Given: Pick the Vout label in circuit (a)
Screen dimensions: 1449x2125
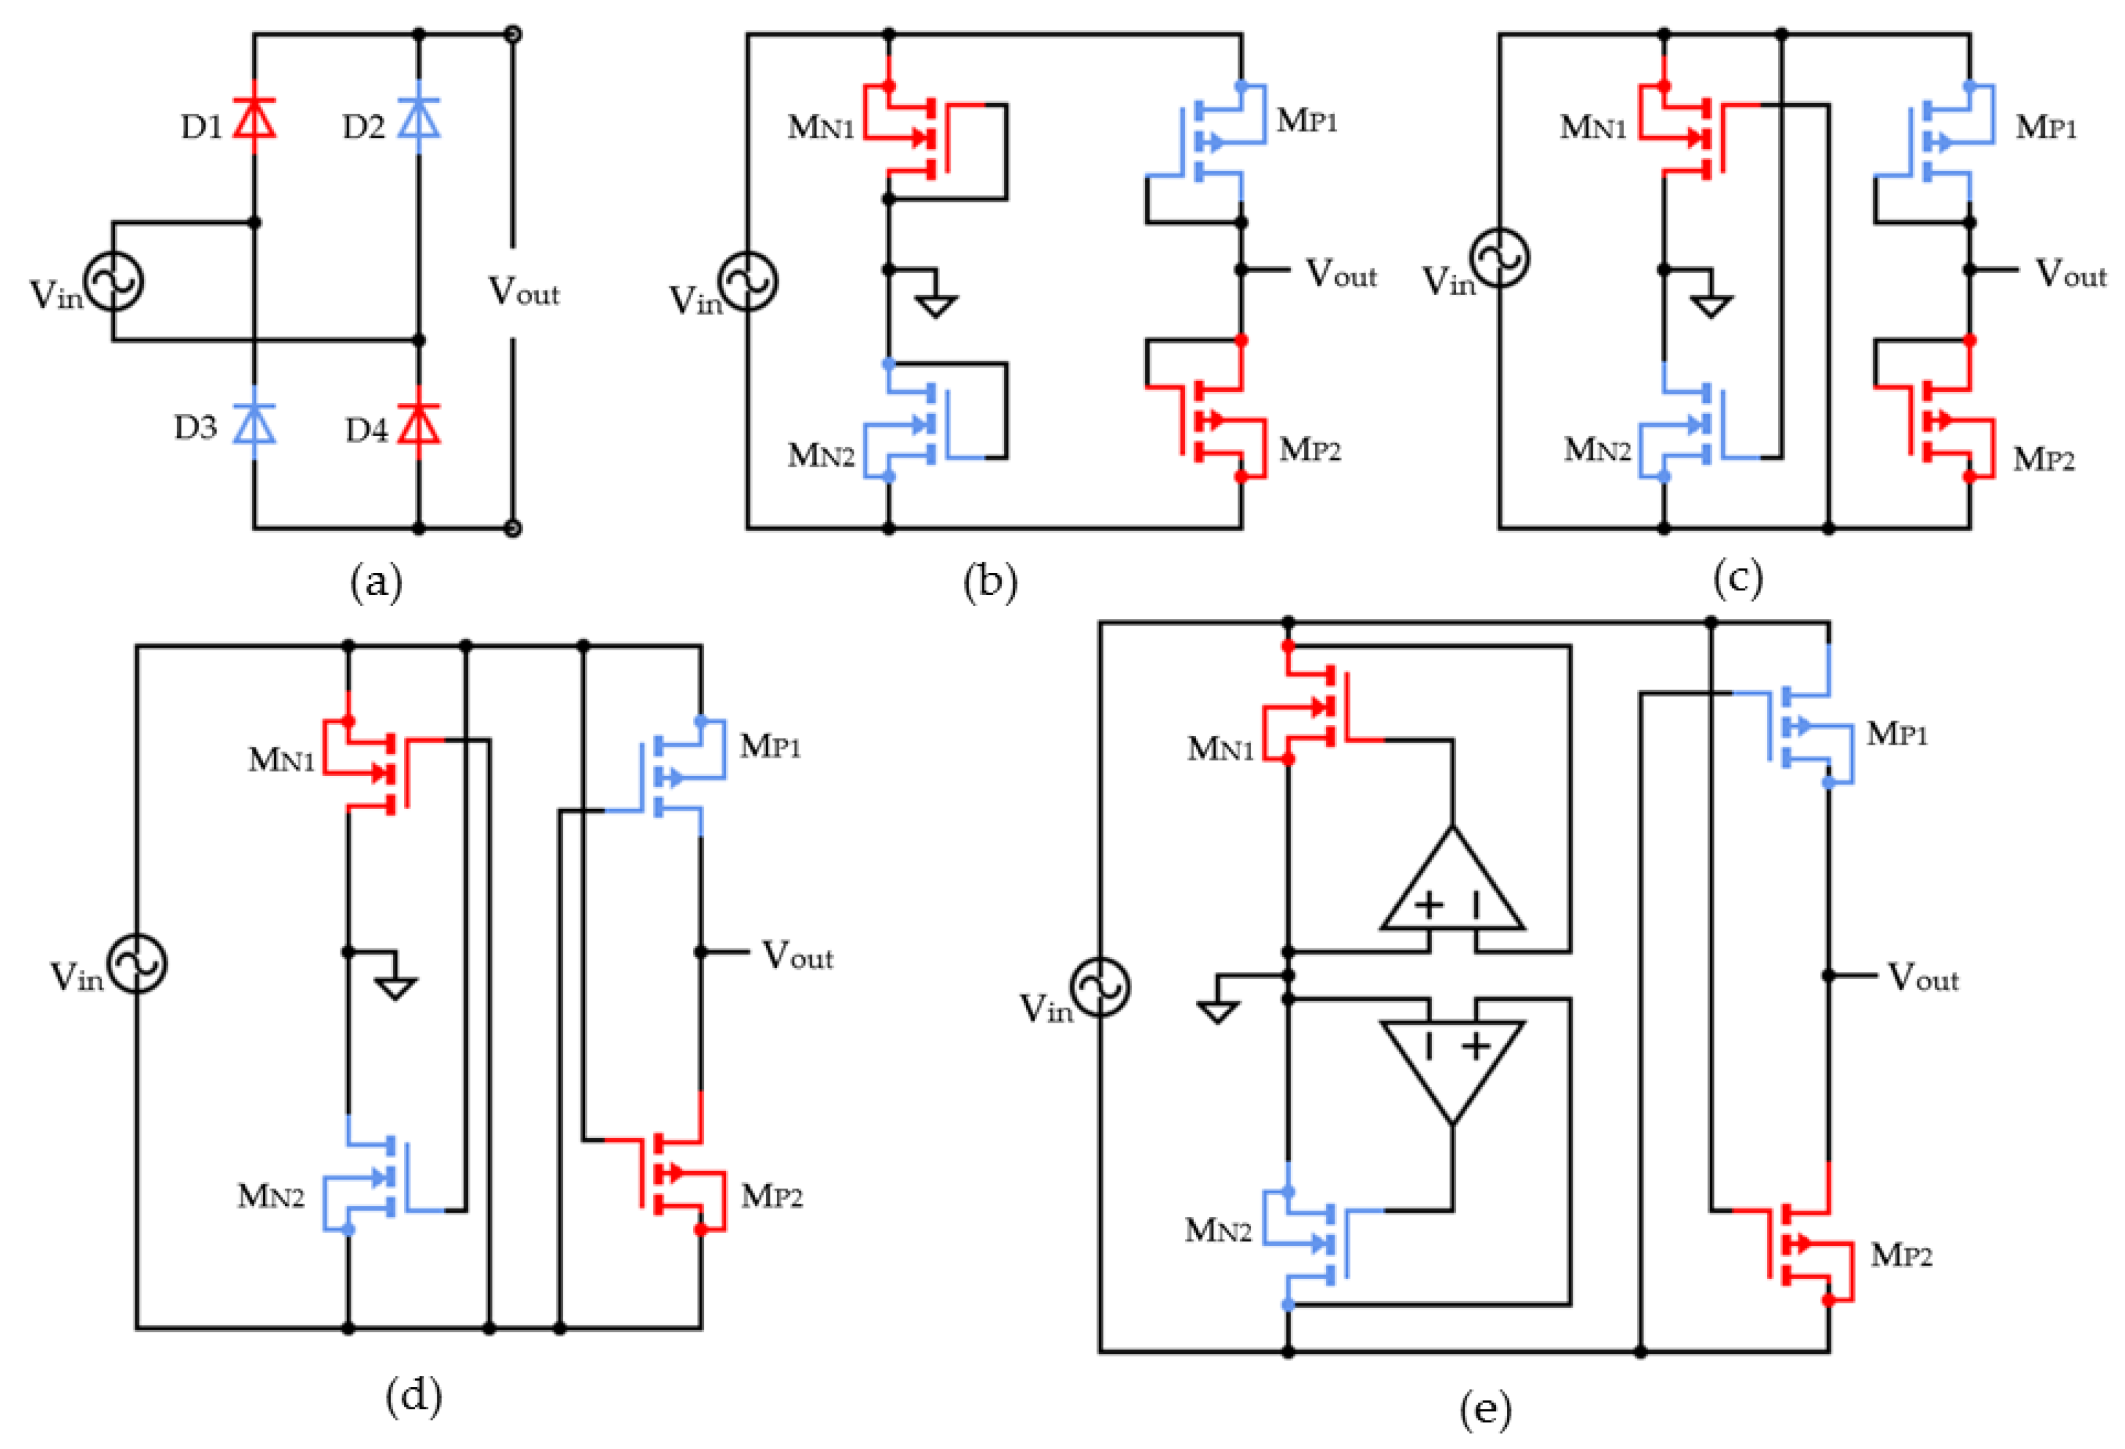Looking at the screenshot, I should pos(523,292).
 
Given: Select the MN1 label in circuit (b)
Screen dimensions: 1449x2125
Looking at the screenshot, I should pos(820,127).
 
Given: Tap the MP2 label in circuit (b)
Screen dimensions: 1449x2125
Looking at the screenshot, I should pos(1309,450).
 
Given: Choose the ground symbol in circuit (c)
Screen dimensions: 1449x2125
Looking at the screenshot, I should pos(1711,305).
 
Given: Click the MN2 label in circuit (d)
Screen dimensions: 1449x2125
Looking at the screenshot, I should pos(271,1196).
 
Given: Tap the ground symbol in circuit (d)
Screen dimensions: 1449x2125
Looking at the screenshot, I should pos(395,988).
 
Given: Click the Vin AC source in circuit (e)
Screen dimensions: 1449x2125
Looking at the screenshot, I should pos(1100,987).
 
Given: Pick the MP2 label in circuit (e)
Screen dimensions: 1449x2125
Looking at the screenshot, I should pos(1901,1255).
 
